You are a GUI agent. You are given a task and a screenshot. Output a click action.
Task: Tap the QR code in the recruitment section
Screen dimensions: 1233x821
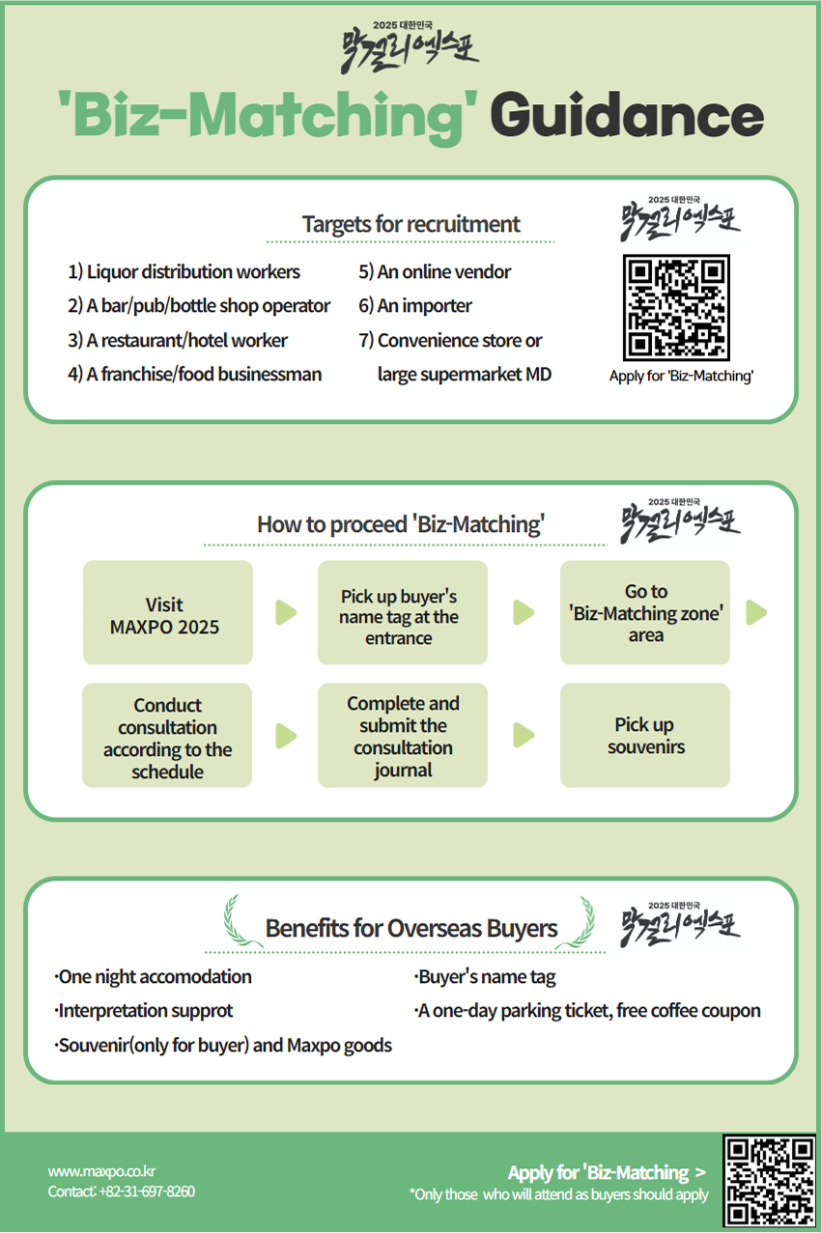click(676, 308)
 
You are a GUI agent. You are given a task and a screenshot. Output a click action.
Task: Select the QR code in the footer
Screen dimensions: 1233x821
click(769, 1180)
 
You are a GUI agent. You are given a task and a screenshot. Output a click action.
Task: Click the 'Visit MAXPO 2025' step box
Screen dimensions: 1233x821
click(167, 613)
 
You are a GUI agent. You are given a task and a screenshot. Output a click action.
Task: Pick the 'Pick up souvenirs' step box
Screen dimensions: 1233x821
click(644, 736)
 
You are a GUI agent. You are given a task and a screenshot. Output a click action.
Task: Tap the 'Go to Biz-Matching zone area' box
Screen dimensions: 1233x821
click(644, 613)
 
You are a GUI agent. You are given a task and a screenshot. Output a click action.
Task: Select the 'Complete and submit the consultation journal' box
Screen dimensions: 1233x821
click(402, 736)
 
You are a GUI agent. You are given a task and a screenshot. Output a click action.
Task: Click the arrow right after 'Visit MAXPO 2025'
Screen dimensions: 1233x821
click(286, 613)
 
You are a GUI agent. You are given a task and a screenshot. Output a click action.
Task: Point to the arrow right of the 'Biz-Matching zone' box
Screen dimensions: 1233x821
click(756, 613)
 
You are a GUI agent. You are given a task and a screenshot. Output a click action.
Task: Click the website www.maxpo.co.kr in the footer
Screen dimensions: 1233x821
click(102, 1171)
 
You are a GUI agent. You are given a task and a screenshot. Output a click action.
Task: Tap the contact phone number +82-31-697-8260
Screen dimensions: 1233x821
click(147, 1191)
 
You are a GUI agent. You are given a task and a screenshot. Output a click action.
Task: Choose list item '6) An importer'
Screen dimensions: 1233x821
click(415, 306)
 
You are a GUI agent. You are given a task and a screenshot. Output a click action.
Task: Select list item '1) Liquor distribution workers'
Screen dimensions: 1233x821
click(184, 272)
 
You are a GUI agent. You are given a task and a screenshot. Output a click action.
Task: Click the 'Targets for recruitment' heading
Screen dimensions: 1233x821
click(410, 224)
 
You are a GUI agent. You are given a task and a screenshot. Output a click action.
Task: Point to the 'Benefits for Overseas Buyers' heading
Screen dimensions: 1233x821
click(411, 929)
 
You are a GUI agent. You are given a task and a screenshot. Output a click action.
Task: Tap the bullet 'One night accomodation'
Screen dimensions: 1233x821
click(155, 977)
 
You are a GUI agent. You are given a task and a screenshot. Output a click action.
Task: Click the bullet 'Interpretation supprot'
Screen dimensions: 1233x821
click(145, 1011)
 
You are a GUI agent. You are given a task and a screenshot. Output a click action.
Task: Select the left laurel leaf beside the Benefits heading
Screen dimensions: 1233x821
click(235, 922)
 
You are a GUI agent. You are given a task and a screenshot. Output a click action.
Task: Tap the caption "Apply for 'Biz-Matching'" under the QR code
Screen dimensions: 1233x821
click(681, 377)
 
